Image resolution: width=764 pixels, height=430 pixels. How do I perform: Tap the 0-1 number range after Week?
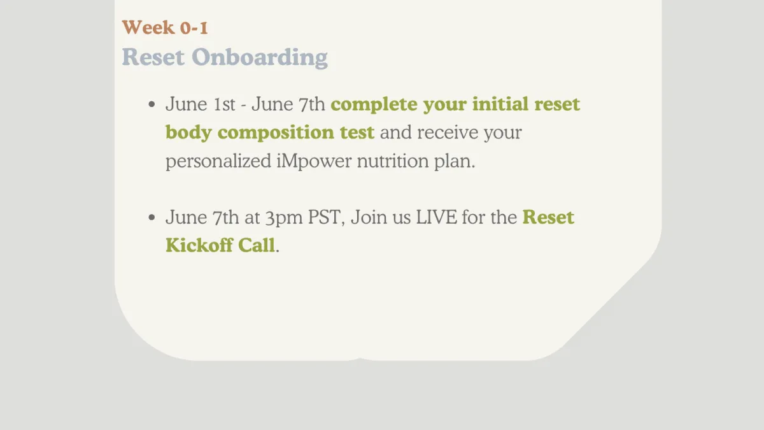point(194,27)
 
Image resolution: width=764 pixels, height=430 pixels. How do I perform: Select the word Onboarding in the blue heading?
point(260,57)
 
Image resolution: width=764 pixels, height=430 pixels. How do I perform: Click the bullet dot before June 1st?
point(152,104)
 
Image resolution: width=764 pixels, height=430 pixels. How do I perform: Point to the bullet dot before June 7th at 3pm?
point(152,217)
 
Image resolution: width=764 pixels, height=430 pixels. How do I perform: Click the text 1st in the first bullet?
point(223,104)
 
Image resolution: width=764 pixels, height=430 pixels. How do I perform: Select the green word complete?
point(374,104)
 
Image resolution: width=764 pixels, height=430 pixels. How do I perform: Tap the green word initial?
point(500,104)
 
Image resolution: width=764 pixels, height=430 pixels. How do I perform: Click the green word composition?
point(276,133)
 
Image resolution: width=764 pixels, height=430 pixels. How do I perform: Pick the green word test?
point(357,133)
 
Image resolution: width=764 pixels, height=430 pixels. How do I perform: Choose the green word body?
point(188,133)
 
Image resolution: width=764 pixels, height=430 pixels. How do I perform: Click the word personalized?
point(218,161)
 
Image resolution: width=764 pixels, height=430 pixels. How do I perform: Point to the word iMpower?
point(314,161)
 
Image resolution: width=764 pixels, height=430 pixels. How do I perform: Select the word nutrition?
point(393,161)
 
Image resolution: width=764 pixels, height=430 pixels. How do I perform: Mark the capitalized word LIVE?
point(436,217)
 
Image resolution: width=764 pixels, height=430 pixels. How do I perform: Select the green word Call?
point(256,245)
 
